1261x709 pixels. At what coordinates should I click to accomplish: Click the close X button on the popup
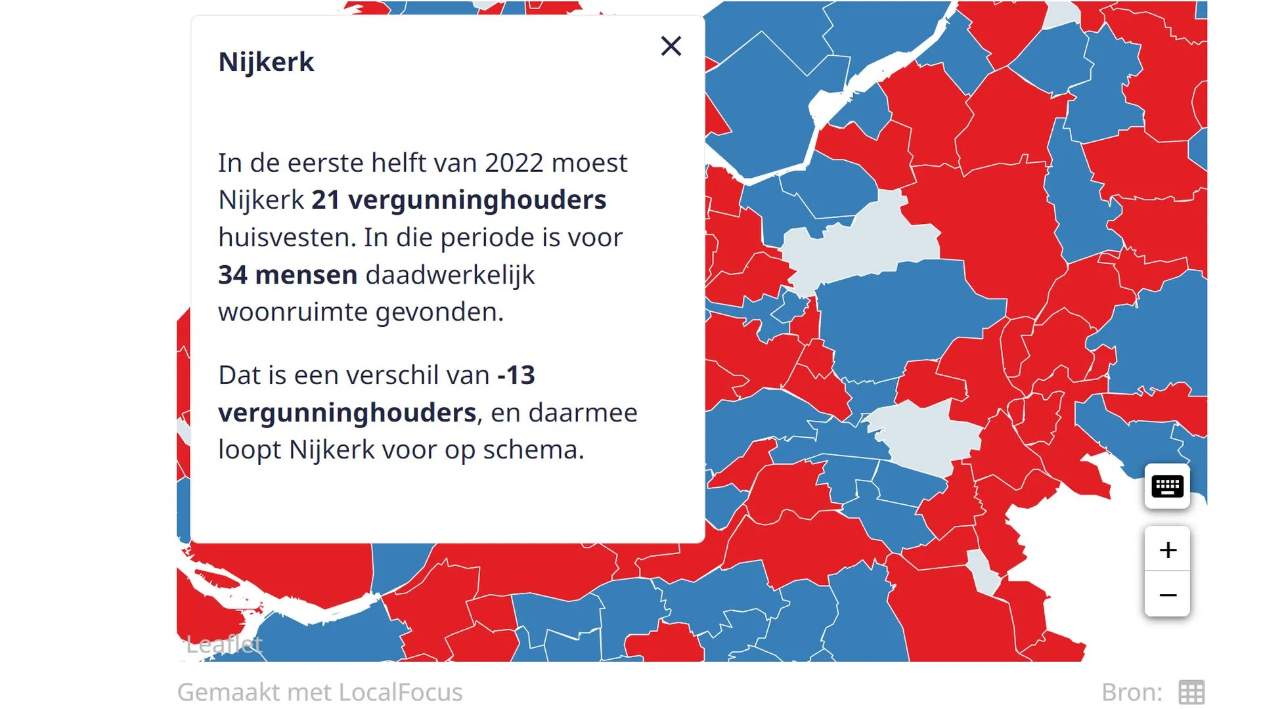coord(671,46)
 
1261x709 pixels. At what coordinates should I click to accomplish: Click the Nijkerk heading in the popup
coord(266,62)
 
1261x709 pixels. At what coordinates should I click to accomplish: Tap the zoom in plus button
coord(1167,549)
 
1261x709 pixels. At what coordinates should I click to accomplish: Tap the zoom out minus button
coord(1167,595)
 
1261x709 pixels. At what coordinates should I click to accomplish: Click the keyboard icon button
coord(1167,486)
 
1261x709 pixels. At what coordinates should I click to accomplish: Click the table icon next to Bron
coord(1191,692)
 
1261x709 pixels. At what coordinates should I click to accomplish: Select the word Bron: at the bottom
coord(1132,692)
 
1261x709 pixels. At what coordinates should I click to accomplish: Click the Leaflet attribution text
coord(224,644)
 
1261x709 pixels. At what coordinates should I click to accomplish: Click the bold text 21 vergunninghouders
coord(458,200)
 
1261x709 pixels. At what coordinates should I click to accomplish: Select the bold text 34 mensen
coord(288,274)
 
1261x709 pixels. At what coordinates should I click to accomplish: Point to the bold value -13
coord(516,375)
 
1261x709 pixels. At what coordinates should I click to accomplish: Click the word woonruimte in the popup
coord(293,312)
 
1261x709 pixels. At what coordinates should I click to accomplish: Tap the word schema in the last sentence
coord(533,450)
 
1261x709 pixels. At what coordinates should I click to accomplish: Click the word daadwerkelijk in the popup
coord(450,274)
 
